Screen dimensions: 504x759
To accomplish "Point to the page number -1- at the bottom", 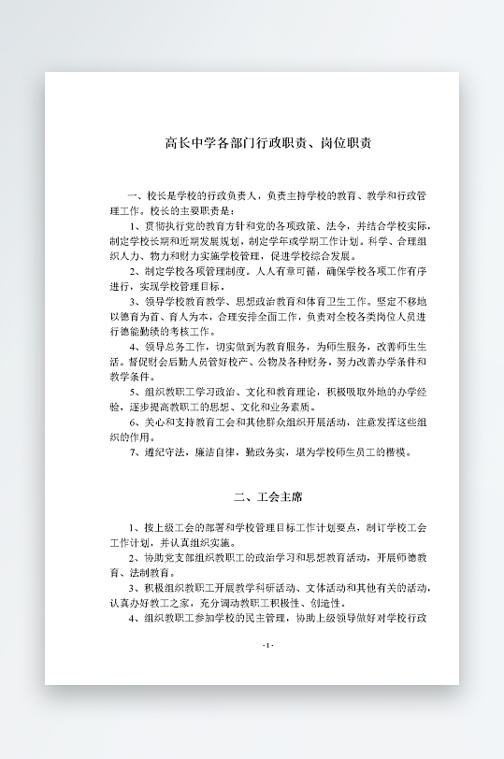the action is click(269, 647).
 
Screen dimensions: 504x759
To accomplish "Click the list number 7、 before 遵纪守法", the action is click(137, 451).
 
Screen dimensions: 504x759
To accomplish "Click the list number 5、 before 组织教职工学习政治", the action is click(137, 392).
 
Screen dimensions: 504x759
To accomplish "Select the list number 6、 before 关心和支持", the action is click(137, 422).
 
